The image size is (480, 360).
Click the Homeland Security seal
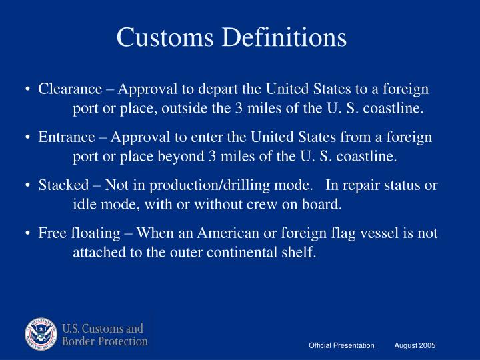(42, 335)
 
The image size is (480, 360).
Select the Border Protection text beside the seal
(105, 342)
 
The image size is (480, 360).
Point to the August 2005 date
(415, 345)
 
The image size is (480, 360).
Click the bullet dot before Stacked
(30, 186)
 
